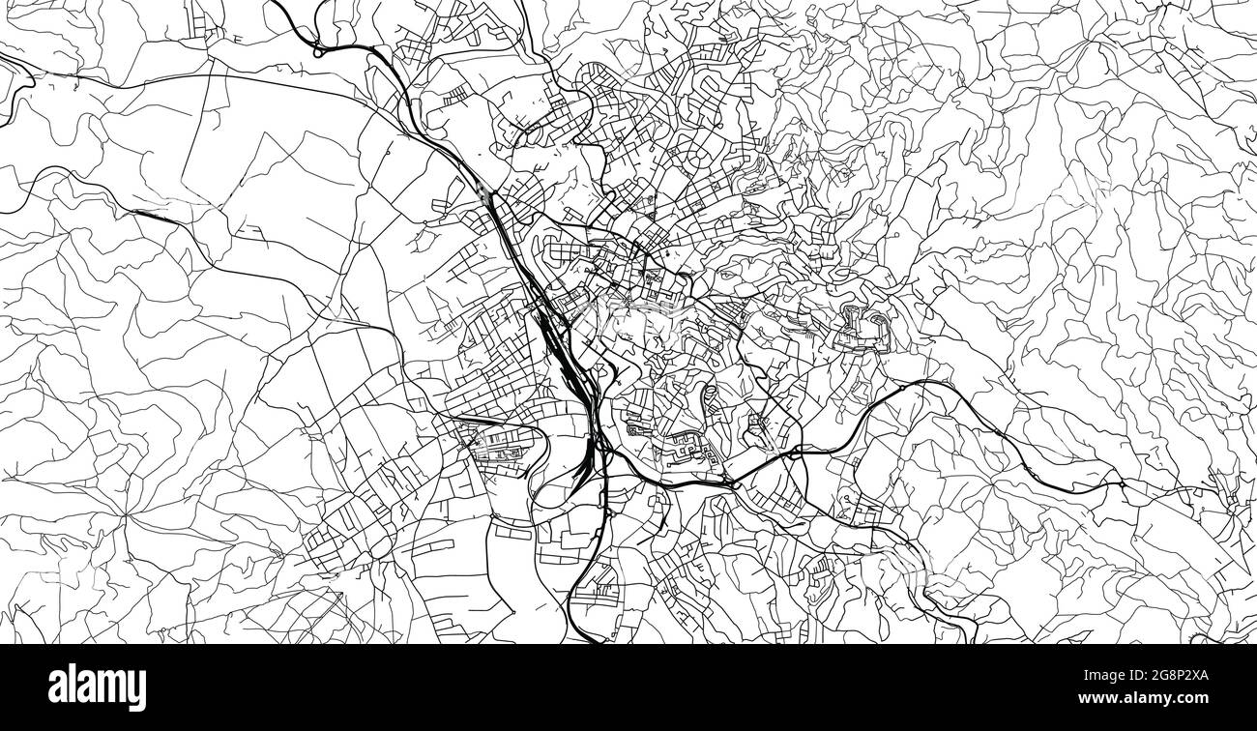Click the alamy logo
pos(97,687)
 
